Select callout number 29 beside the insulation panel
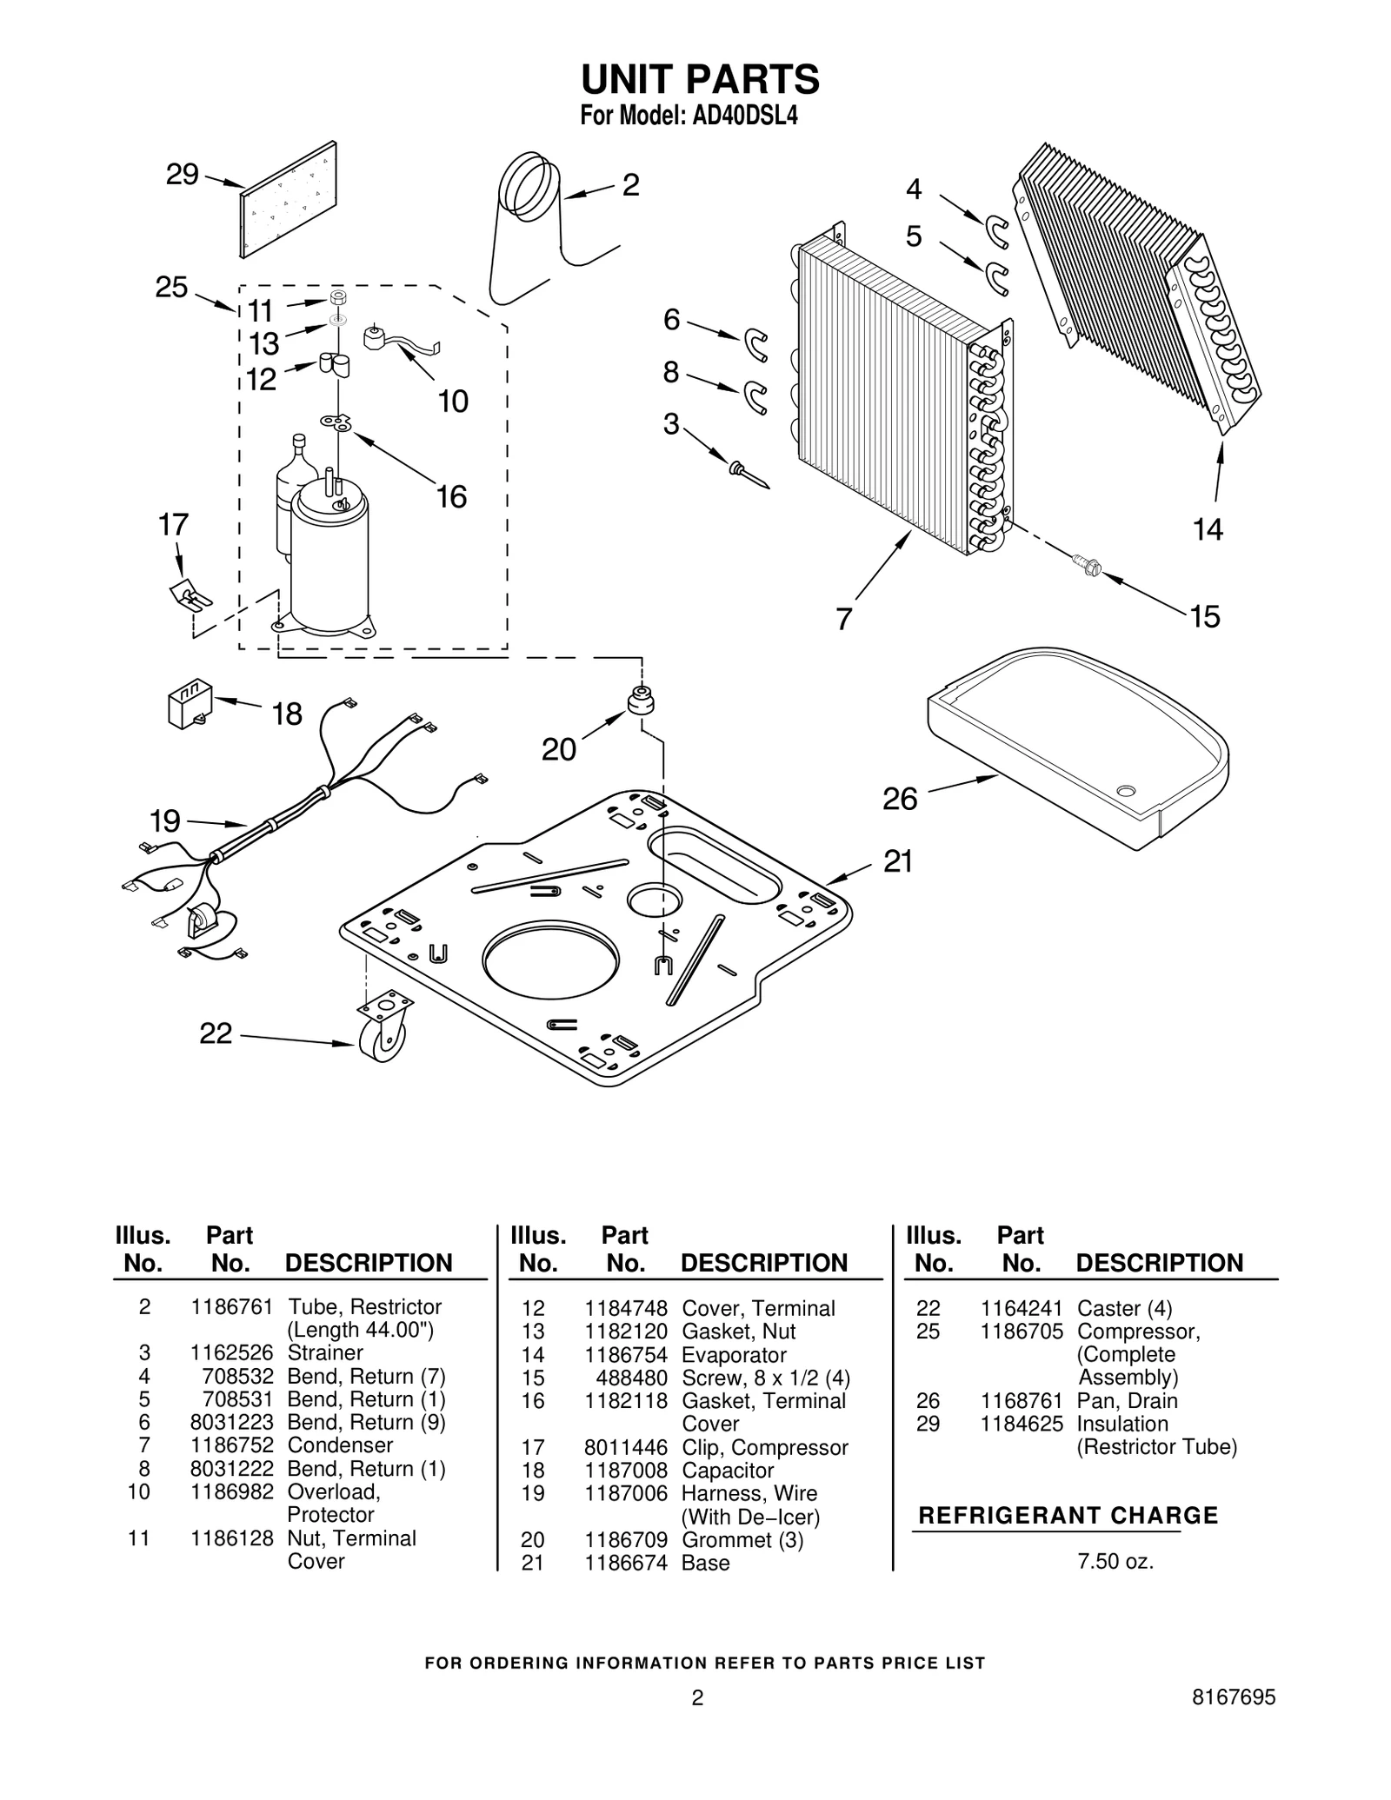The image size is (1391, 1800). (x=183, y=174)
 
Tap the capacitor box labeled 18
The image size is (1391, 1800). (x=189, y=705)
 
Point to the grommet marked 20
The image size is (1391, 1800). (x=641, y=700)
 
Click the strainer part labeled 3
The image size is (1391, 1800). (x=749, y=475)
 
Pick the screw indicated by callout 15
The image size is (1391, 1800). (x=1087, y=566)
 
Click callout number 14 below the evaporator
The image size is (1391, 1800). (x=1208, y=528)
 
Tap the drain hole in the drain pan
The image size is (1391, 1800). (x=1126, y=790)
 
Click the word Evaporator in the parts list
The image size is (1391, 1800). (x=734, y=1355)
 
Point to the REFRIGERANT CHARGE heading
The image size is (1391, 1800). (x=1068, y=1516)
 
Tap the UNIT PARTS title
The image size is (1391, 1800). (x=700, y=79)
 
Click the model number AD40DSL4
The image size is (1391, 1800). (x=744, y=116)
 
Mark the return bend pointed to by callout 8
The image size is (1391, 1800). (x=756, y=396)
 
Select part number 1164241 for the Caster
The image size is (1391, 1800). (x=1022, y=1309)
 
